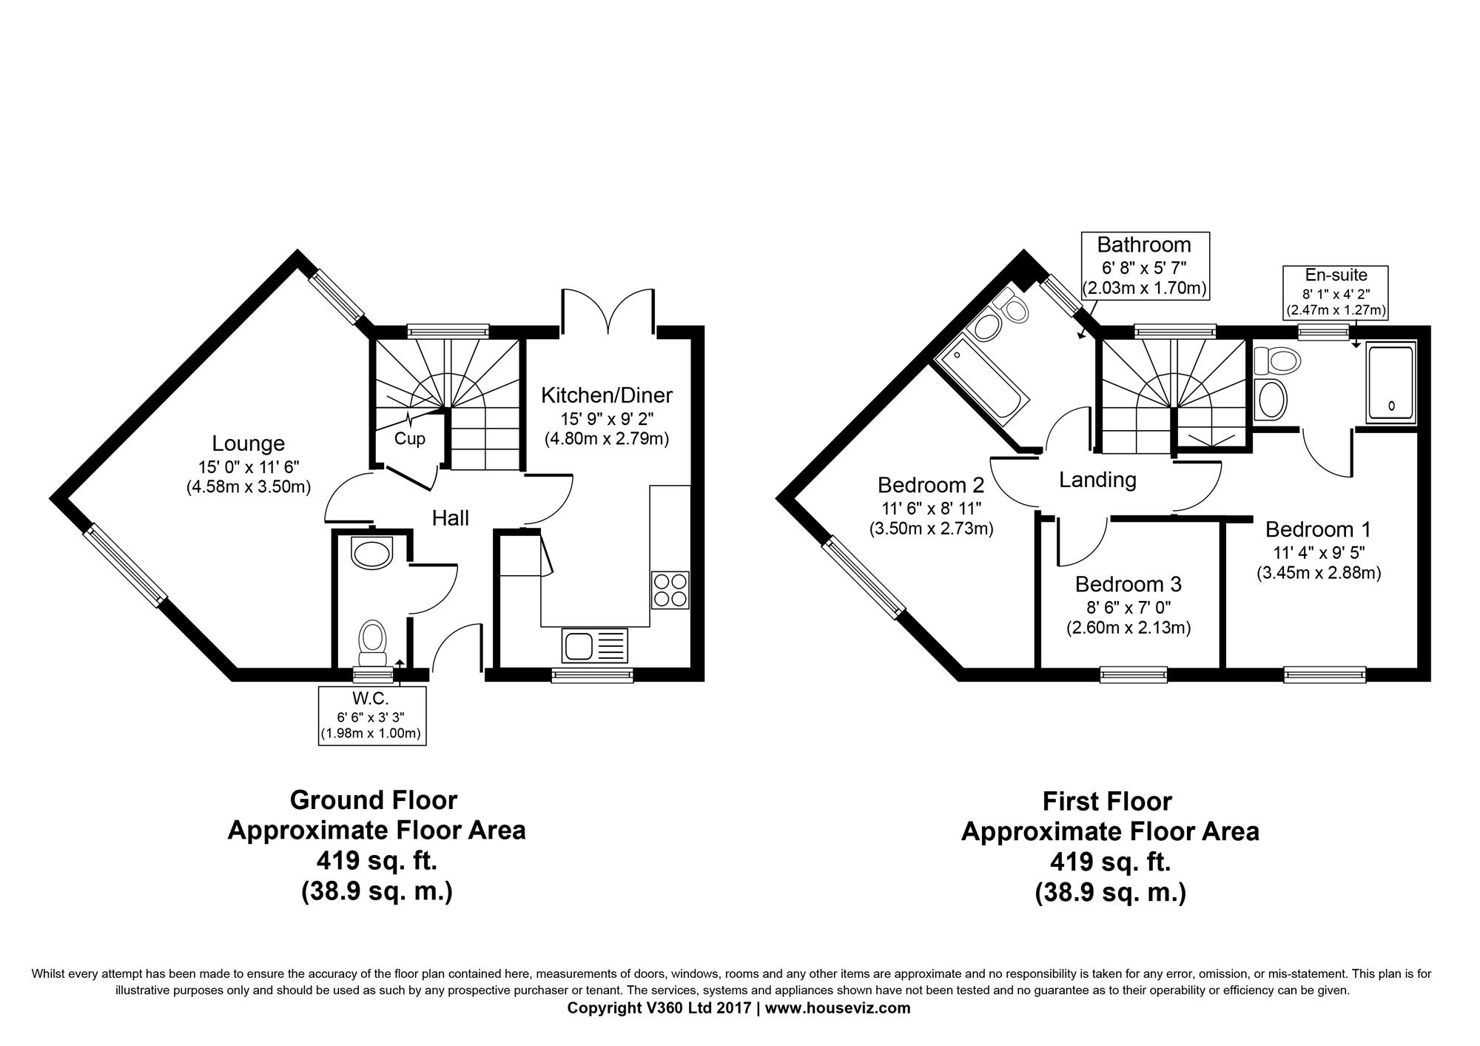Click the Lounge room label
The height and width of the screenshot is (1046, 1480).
tap(248, 443)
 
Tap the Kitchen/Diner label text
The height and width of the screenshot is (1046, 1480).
tap(607, 395)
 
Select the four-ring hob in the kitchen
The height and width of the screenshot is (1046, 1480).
tap(670, 590)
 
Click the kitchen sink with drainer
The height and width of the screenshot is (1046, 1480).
tap(594, 646)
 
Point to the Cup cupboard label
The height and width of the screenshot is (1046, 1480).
tap(409, 439)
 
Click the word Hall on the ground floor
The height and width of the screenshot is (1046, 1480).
tap(451, 518)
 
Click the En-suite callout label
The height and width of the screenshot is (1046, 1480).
tap(1336, 275)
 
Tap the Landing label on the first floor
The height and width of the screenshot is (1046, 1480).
tap(1097, 480)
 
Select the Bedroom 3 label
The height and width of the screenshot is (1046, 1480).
tap(1128, 585)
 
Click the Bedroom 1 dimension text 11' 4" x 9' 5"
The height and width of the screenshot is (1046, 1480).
tap(1319, 552)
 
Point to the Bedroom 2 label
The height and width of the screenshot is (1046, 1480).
tap(931, 485)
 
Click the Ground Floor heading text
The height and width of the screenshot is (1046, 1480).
tap(374, 800)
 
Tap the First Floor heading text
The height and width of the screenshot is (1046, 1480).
tap(1108, 802)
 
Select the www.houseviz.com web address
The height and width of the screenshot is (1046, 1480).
tap(838, 1008)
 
